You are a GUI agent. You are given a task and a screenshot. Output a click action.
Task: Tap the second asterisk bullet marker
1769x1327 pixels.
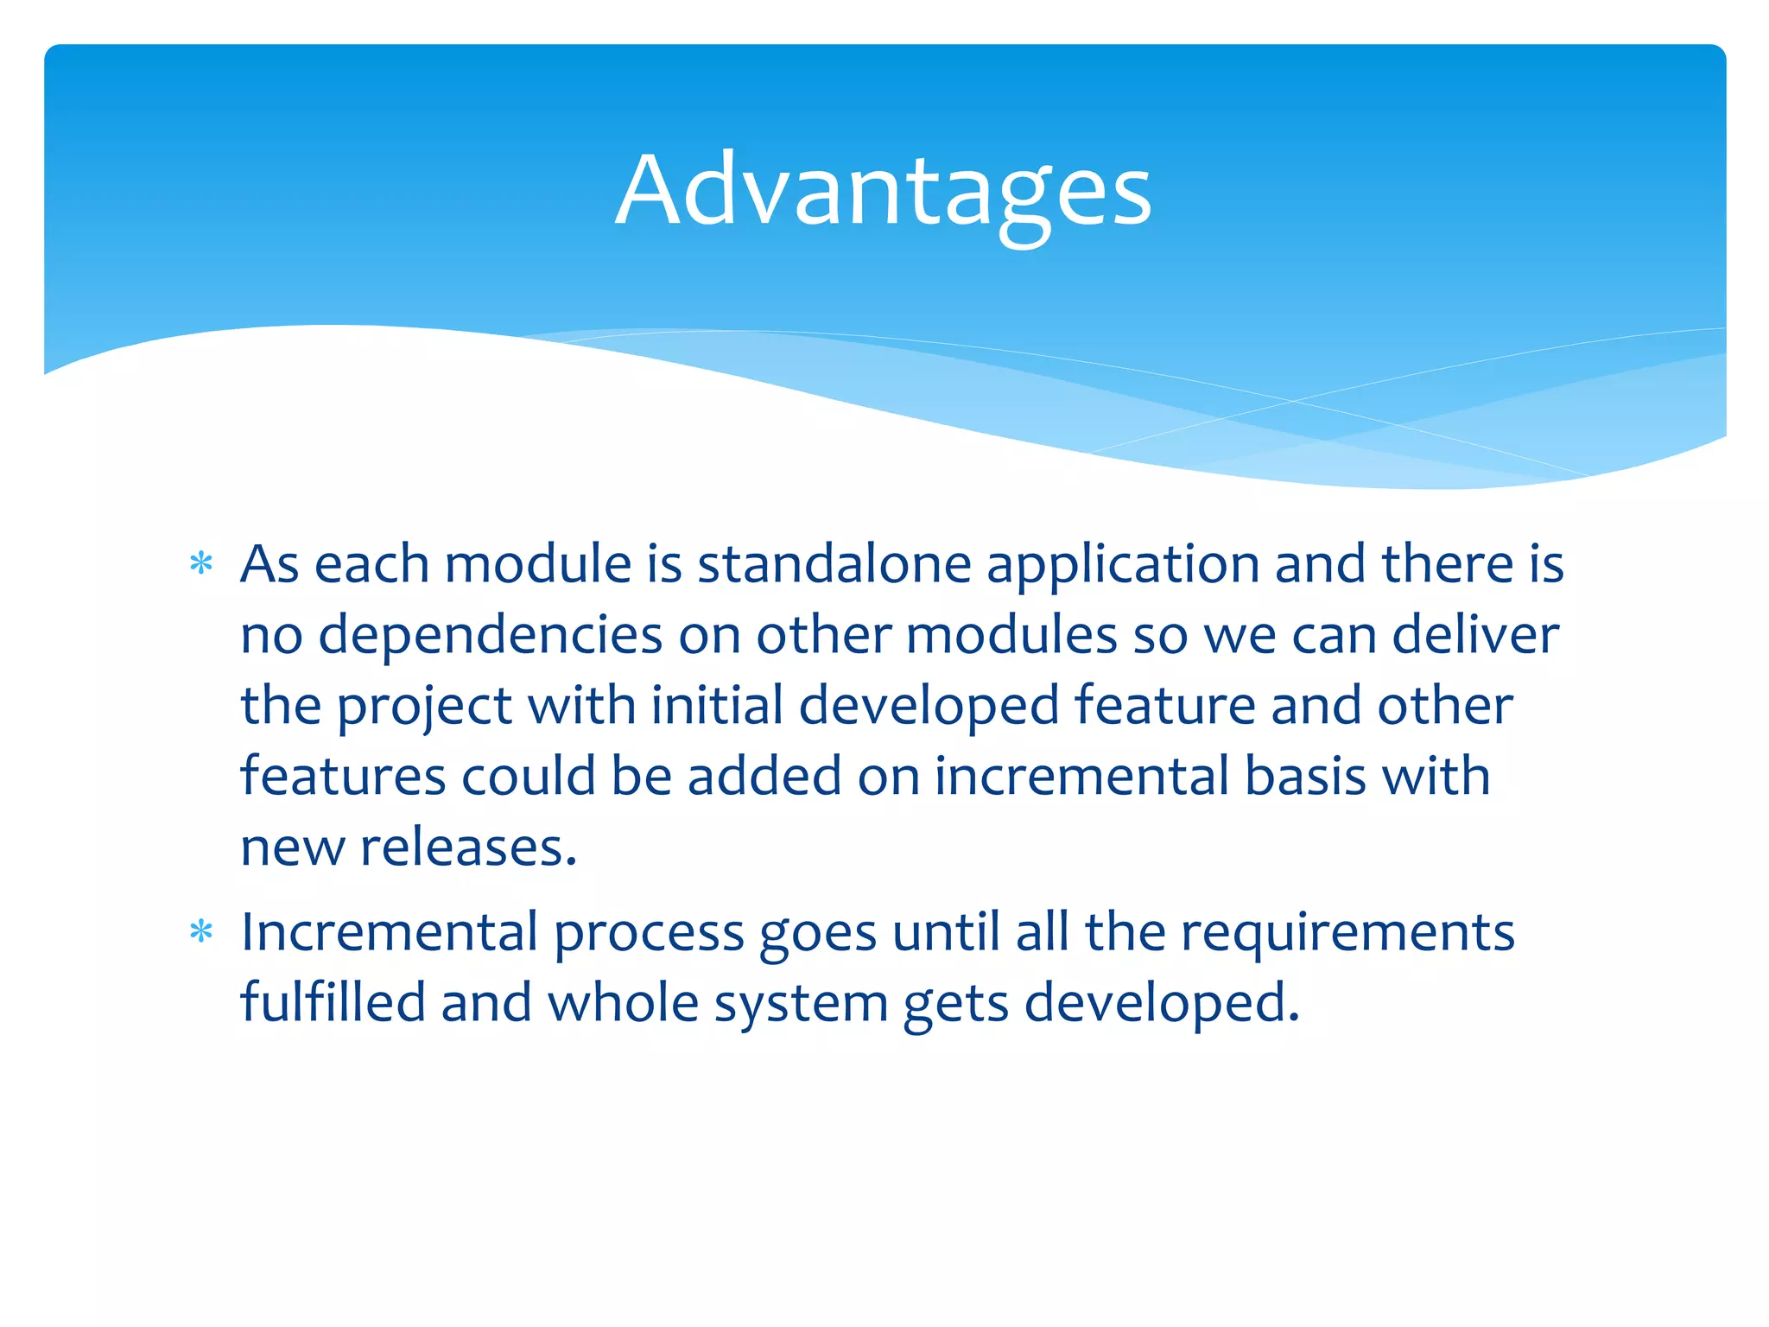pyautogui.click(x=201, y=933)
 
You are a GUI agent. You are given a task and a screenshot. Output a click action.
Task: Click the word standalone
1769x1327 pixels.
pyautogui.click(x=834, y=565)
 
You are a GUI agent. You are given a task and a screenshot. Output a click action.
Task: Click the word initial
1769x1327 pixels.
pyautogui.click(x=716, y=706)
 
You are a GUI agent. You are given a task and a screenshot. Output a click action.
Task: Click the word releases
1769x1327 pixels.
pyautogui.click(x=467, y=848)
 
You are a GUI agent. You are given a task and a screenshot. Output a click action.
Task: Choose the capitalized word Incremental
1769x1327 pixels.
pyautogui.click(x=390, y=933)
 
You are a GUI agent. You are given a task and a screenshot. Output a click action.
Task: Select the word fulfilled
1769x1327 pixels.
pyautogui.click(x=333, y=1003)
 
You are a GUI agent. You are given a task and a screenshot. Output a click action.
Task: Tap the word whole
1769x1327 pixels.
pyautogui.click(x=623, y=1003)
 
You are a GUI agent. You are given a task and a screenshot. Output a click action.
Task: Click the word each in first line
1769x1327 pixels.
pyautogui.click(x=371, y=565)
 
